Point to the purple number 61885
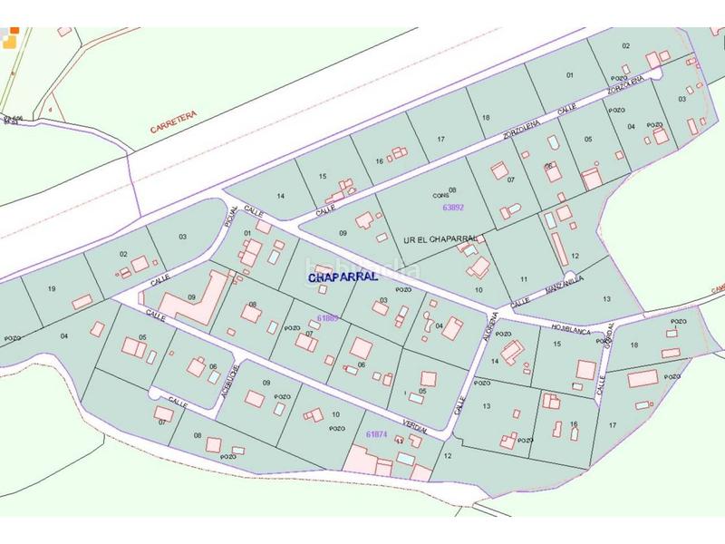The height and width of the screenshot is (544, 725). pos(328,317)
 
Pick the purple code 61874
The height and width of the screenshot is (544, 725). pos(376,434)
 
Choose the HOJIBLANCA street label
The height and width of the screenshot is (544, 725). pos(570,328)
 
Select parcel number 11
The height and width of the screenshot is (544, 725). pos(524,278)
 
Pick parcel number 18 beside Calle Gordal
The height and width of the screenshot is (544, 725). pos(634,345)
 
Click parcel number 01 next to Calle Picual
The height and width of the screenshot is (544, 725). pos(246,233)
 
